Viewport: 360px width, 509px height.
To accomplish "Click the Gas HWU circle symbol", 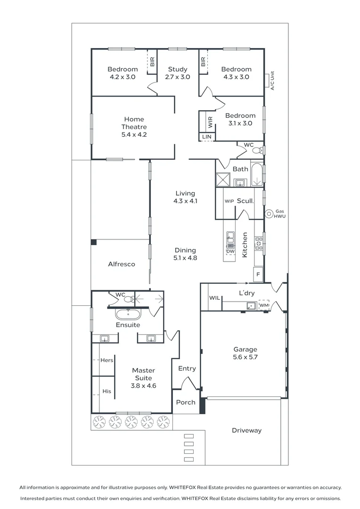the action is point(269,214).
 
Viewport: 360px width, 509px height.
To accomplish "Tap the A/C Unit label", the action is point(272,81).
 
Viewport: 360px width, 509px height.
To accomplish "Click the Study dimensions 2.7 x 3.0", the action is point(178,77).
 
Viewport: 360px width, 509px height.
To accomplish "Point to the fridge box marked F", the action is point(258,274).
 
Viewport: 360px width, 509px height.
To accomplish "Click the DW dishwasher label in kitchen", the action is point(230,251).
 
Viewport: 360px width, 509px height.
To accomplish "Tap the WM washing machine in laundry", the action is point(264,305).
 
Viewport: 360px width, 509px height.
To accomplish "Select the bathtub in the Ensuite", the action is point(128,314).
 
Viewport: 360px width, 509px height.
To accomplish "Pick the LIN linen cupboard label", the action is point(207,137).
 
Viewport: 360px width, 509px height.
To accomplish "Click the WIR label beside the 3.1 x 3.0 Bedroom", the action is point(210,122).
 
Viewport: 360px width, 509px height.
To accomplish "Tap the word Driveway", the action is point(247,430).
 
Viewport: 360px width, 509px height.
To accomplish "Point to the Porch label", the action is point(186,402).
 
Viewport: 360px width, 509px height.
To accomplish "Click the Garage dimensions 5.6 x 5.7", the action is point(245,357).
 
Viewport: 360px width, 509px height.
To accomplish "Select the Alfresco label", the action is point(122,264).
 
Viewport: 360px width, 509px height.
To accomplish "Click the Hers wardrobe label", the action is point(107,360).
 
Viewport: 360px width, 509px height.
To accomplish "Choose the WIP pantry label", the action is point(229,201).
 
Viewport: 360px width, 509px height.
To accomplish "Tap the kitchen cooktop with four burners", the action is point(259,244).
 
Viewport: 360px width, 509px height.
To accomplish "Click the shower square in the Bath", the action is point(223,180).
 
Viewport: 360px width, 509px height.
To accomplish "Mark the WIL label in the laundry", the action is point(214,298).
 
